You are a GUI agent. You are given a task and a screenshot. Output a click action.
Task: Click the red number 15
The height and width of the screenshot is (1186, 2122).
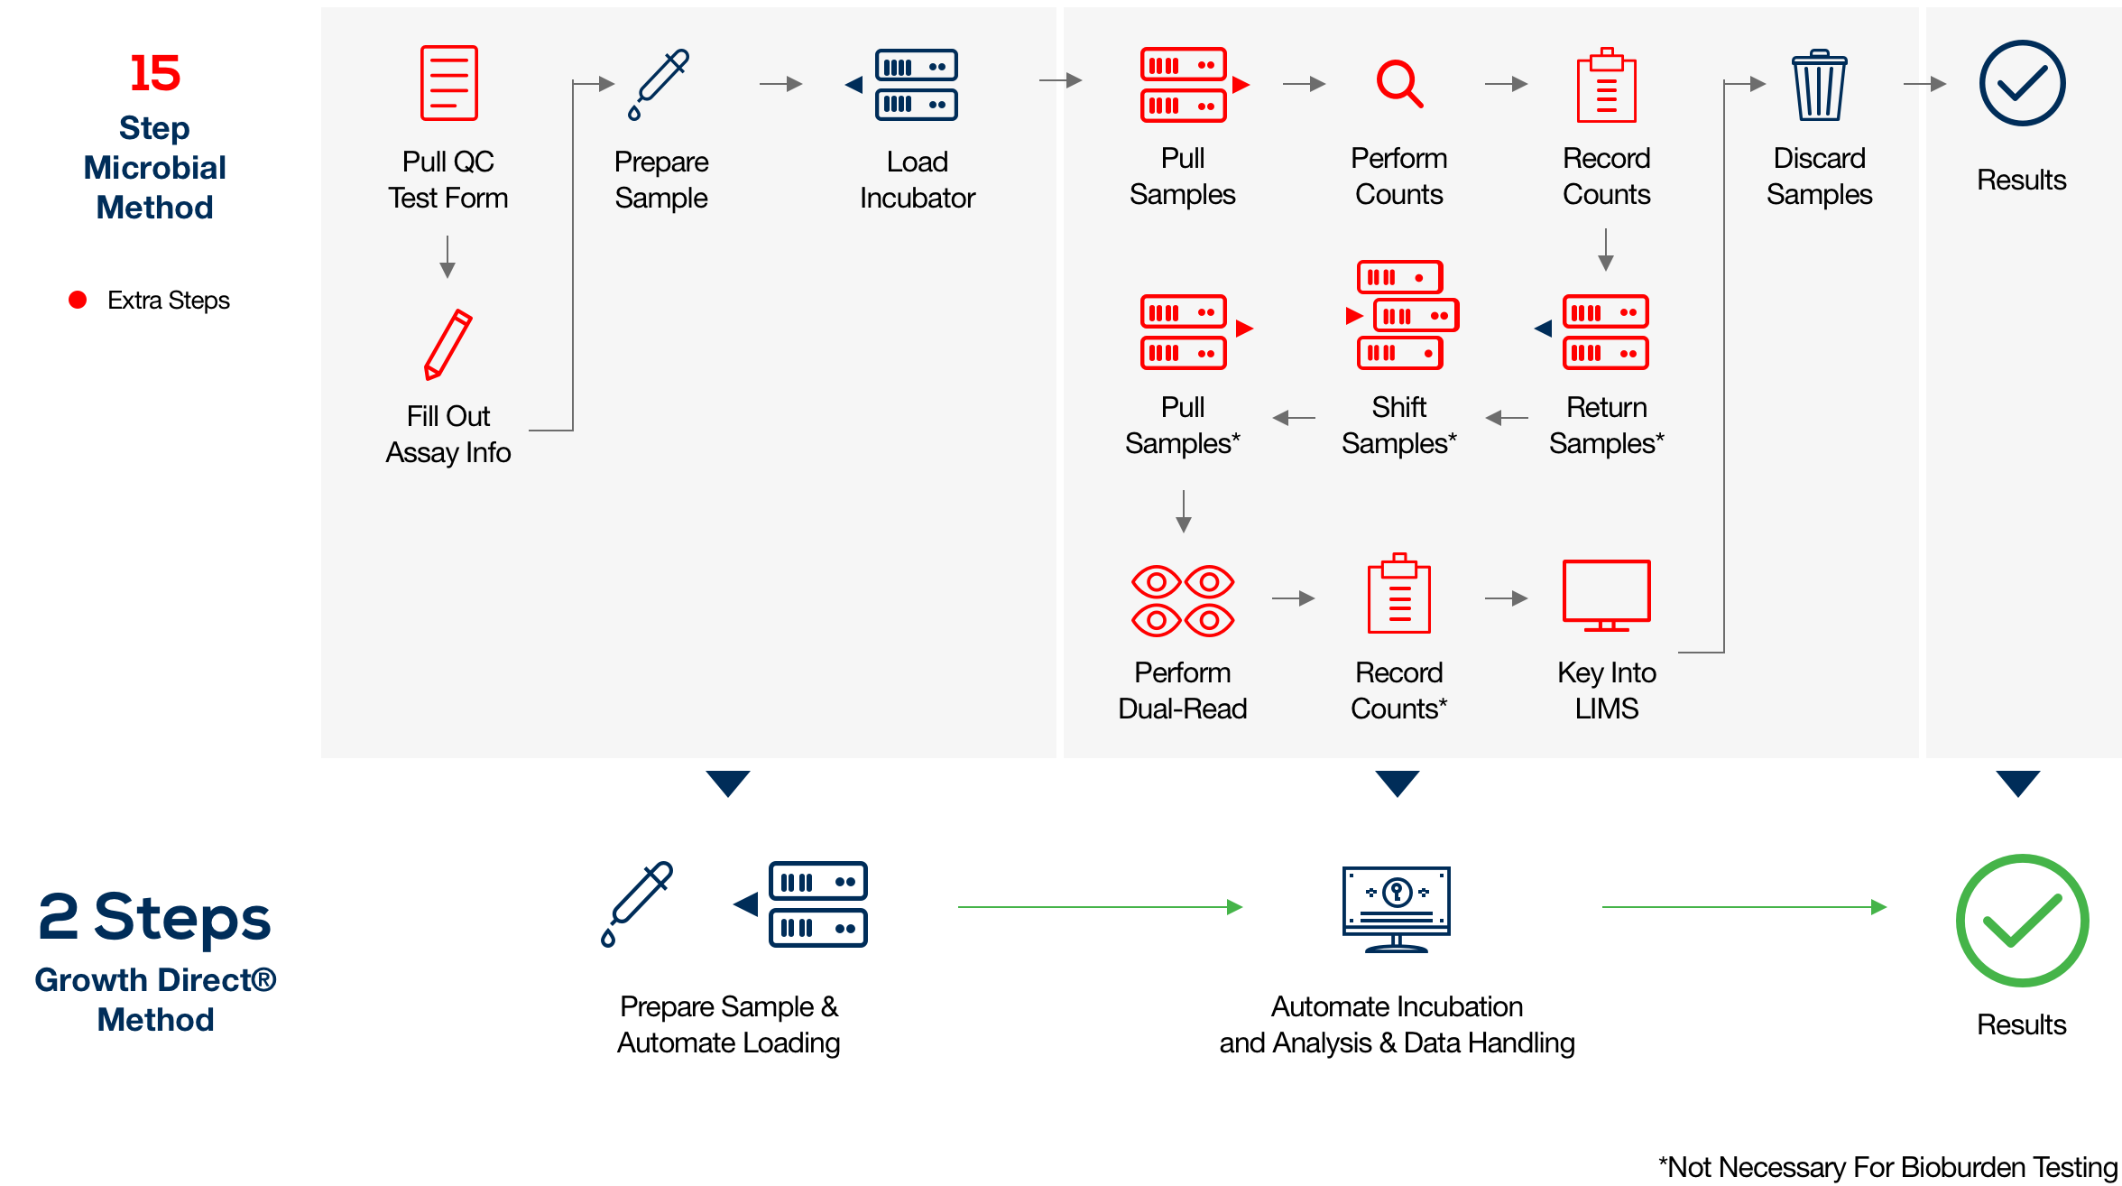(x=154, y=73)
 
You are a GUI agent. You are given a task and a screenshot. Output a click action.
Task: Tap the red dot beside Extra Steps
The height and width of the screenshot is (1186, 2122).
(x=78, y=300)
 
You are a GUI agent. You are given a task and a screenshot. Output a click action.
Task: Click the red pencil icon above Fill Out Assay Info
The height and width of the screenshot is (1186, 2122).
(x=448, y=344)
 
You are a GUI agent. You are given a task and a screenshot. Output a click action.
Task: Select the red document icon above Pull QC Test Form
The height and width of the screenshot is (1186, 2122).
(x=448, y=83)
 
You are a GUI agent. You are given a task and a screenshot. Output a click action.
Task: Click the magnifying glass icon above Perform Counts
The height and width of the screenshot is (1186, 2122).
(x=1398, y=84)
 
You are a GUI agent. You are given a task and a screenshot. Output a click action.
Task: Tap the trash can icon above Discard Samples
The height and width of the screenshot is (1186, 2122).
(x=1819, y=86)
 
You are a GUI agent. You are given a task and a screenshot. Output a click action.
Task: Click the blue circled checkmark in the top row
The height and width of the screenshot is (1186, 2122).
(x=2022, y=83)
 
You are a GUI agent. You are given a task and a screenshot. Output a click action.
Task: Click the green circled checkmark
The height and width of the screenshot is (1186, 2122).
(x=2022, y=920)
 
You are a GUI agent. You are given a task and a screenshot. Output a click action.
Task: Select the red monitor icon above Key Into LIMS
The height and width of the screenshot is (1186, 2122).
(x=1606, y=594)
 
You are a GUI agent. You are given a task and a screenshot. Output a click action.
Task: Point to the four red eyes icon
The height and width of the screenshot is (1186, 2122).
(x=1183, y=601)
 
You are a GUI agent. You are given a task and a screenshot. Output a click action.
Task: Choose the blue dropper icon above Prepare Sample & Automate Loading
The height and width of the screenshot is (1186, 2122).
(x=637, y=903)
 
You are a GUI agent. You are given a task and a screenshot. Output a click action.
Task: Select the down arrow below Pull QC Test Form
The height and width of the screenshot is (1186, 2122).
(x=447, y=257)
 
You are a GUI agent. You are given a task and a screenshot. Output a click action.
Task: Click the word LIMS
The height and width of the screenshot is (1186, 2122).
(x=1606, y=709)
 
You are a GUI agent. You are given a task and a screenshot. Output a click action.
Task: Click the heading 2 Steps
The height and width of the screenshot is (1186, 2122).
(x=154, y=917)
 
